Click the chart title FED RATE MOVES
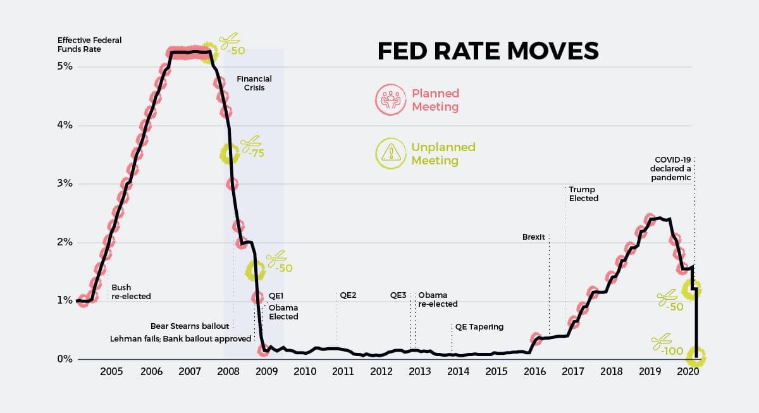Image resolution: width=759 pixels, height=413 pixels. [x=488, y=51]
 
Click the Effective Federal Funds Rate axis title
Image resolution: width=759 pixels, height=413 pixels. [x=89, y=45]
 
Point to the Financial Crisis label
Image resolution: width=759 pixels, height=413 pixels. [x=254, y=83]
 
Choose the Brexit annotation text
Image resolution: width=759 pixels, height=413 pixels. [x=534, y=237]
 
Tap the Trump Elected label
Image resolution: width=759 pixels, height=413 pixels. [x=583, y=194]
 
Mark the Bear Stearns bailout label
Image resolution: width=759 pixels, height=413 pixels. [x=189, y=326]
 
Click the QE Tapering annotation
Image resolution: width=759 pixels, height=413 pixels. [x=479, y=327]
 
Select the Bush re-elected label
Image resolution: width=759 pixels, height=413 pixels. [x=131, y=292]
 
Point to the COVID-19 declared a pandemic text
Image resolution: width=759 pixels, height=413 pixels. [x=673, y=169]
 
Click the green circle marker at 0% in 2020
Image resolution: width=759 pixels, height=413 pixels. [x=696, y=357]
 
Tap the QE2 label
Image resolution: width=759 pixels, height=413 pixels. [x=349, y=295]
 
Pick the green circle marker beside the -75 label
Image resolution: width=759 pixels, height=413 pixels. [x=230, y=152]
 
